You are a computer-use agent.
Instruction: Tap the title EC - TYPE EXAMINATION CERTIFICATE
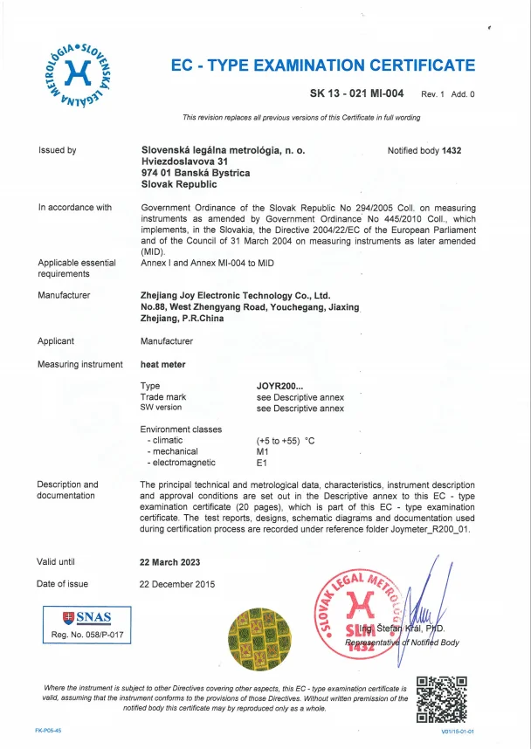322,65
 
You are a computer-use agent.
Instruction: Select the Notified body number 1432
451,150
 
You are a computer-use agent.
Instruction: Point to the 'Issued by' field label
58,150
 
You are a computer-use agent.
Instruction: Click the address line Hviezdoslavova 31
184,161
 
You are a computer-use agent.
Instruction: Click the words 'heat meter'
162,364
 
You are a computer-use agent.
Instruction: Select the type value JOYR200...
279,385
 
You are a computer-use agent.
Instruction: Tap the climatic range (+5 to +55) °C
285,441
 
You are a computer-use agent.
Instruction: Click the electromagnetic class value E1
261,463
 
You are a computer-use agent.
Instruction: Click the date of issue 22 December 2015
177,584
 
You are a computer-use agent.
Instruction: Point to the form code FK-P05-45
48,729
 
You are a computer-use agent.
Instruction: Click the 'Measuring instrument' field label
79,364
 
